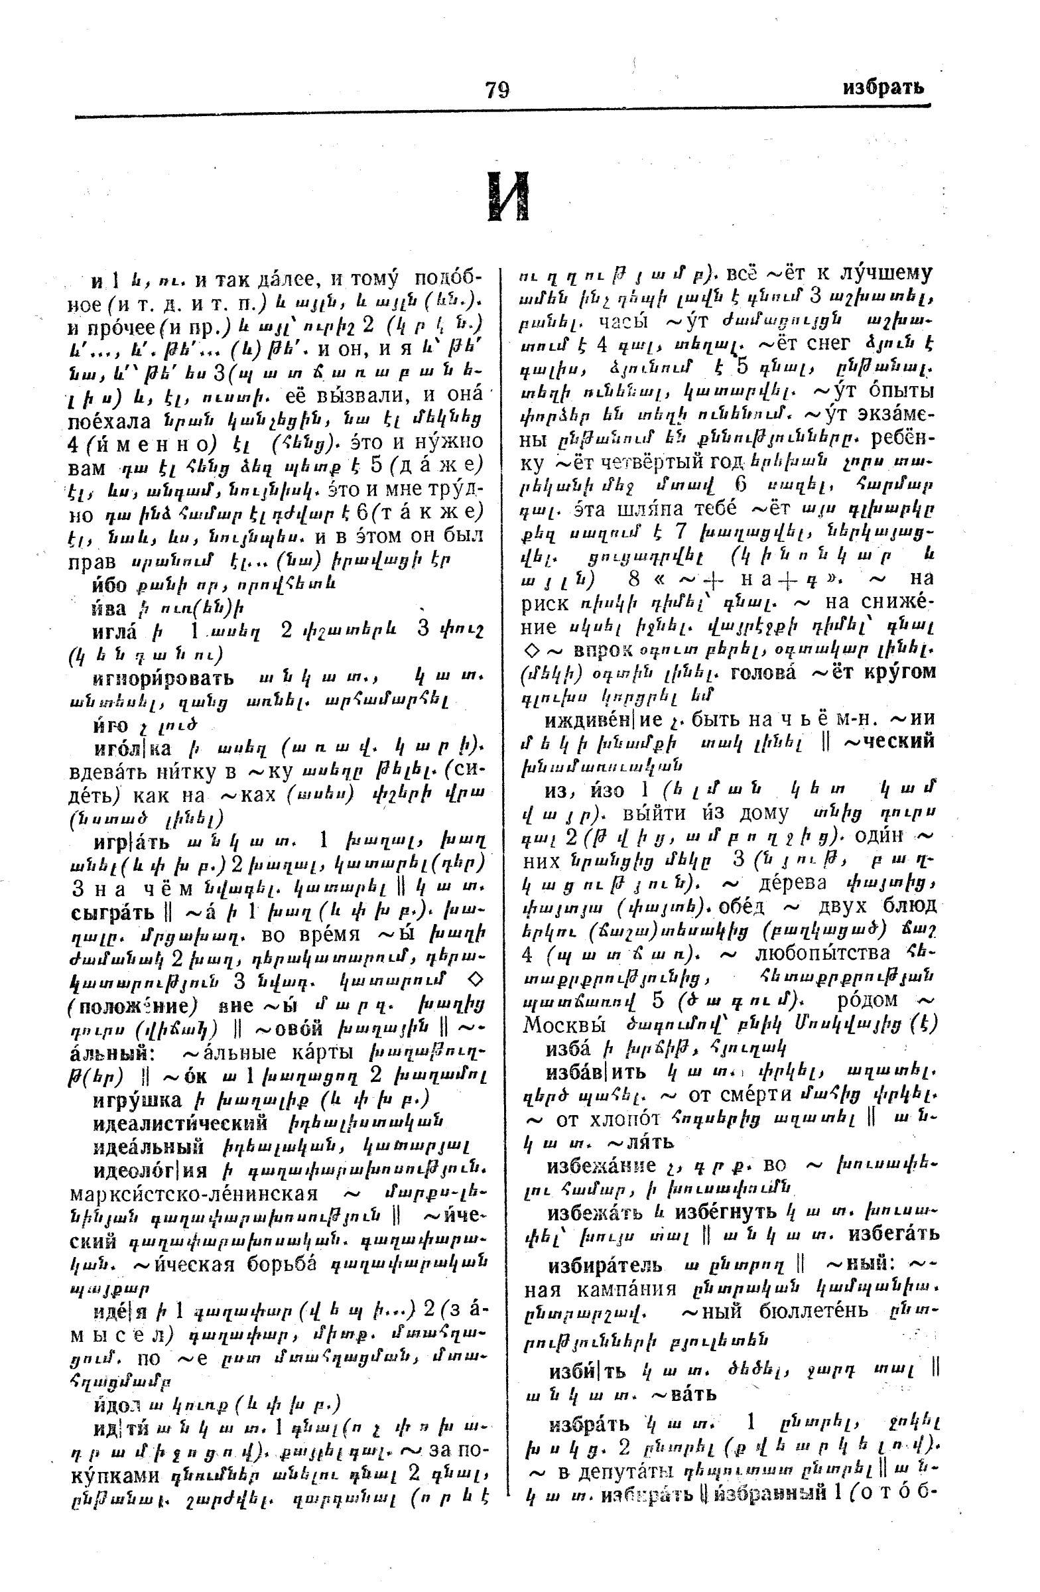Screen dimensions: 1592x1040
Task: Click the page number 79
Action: tap(497, 89)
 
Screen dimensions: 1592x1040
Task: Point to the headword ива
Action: tap(109, 608)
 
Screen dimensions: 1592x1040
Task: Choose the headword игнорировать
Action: tap(164, 679)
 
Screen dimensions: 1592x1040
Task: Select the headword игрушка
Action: tap(137, 1100)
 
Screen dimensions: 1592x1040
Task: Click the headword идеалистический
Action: tap(180, 1123)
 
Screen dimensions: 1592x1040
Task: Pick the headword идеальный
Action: tap(149, 1146)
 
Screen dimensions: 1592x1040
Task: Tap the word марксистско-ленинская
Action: tap(193, 1194)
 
